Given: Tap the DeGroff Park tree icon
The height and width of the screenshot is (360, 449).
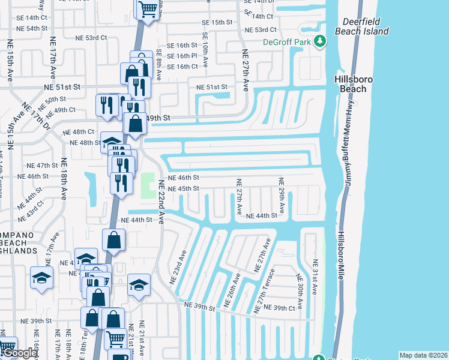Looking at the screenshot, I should point(321,41).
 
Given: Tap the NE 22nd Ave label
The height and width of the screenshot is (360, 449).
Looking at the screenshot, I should point(161,204).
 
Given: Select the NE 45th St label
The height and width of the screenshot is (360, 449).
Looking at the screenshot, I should point(183,188).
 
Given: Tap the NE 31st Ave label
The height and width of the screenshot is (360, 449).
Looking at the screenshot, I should point(314,276).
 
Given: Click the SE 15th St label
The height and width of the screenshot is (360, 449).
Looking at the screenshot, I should point(215,22).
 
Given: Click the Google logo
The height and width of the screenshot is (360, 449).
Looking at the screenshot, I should point(20,353).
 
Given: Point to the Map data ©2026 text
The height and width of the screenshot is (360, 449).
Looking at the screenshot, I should point(423,355).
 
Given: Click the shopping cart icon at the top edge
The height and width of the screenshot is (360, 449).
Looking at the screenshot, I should point(147,8).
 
